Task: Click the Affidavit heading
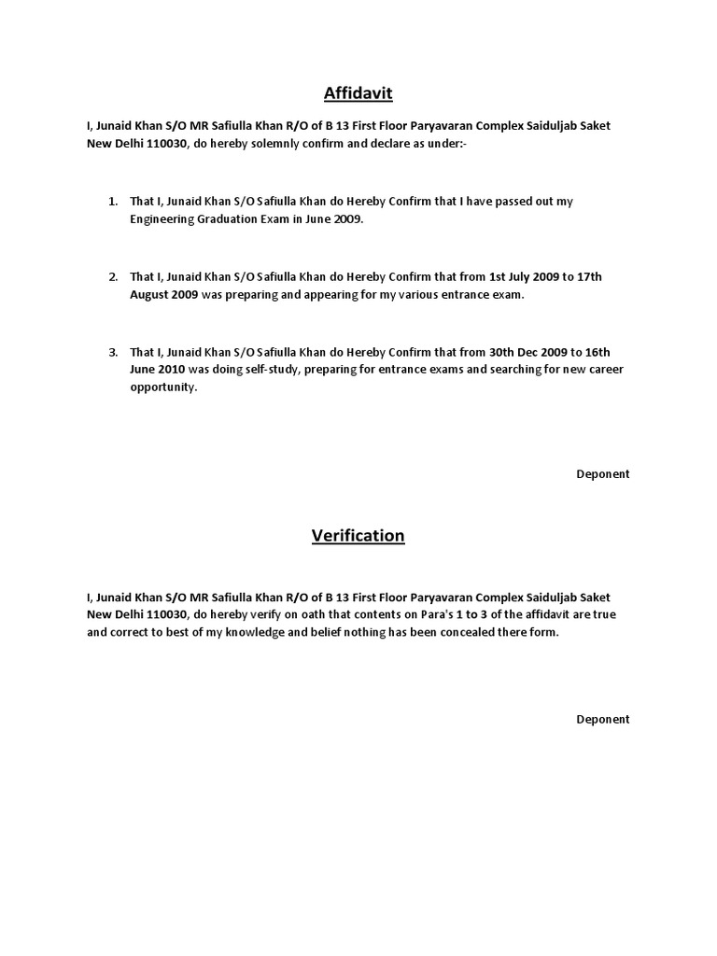358,92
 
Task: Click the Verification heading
358,535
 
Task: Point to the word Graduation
237,220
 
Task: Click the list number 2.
112,277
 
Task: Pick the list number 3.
112,352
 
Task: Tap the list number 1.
112,202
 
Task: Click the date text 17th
588,277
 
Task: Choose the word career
604,370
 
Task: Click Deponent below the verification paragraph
602,719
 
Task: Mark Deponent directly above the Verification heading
602,473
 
